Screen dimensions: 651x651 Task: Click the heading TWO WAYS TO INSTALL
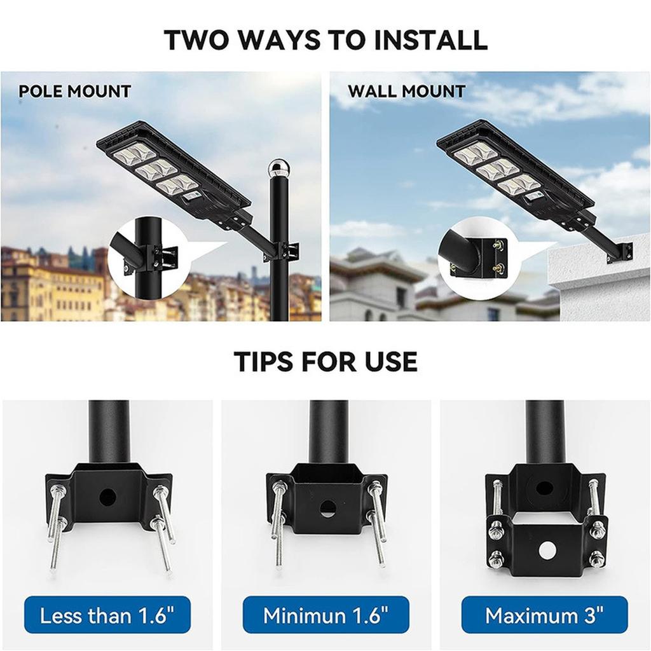(x=325, y=39)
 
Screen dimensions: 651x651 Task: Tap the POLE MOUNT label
(x=74, y=91)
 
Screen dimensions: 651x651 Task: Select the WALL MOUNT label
(x=406, y=91)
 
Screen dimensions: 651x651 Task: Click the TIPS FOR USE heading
(x=325, y=361)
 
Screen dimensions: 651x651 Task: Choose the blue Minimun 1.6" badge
(x=325, y=615)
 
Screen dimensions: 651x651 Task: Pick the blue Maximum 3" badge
(x=544, y=615)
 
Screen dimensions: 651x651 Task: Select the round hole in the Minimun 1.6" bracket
(x=327, y=508)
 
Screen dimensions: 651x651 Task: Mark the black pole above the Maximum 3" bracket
(x=545, y=432)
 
